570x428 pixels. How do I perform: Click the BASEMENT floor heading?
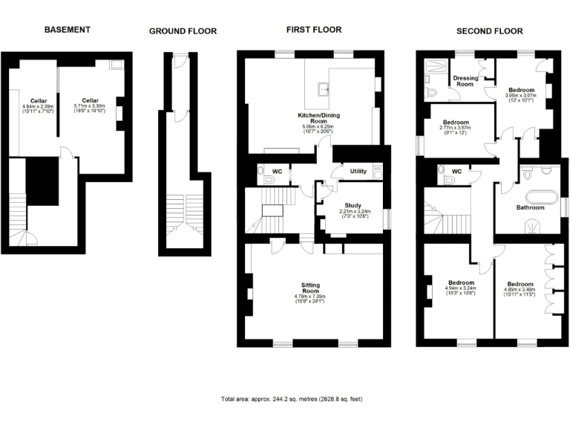[x=67, y=30]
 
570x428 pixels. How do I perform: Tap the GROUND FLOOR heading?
[x=183, y=31]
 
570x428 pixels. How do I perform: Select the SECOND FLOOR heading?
[x=489, y=31]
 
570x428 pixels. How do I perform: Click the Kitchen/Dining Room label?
[x=318, y=120]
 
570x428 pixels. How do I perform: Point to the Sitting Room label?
[x=310, y=288]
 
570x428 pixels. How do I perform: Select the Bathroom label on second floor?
[x=530, y=208]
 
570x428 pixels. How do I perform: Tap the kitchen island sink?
[x=324, y=90]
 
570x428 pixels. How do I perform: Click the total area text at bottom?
[x=292, y=399]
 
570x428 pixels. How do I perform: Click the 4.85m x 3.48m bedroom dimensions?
[x=520, y=293]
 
